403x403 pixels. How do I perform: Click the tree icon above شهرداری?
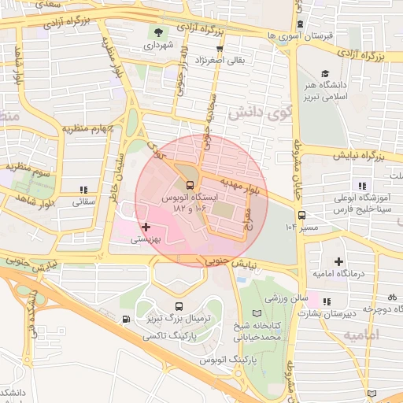tap(161, 32)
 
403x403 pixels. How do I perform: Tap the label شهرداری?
tap(160, 46)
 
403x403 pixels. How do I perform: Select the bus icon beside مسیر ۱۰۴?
tap(301, 215)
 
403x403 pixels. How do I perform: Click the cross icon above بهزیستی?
tap(146, 227)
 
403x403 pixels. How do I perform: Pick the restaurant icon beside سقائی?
tap(83, 190)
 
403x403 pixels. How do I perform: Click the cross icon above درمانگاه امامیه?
tap(338, 261)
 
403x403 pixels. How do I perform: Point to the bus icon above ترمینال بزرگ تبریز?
tap(179, 305)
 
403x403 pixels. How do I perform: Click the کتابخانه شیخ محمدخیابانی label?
tap(257, 331)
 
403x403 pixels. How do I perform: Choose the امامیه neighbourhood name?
tap(360, 335)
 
